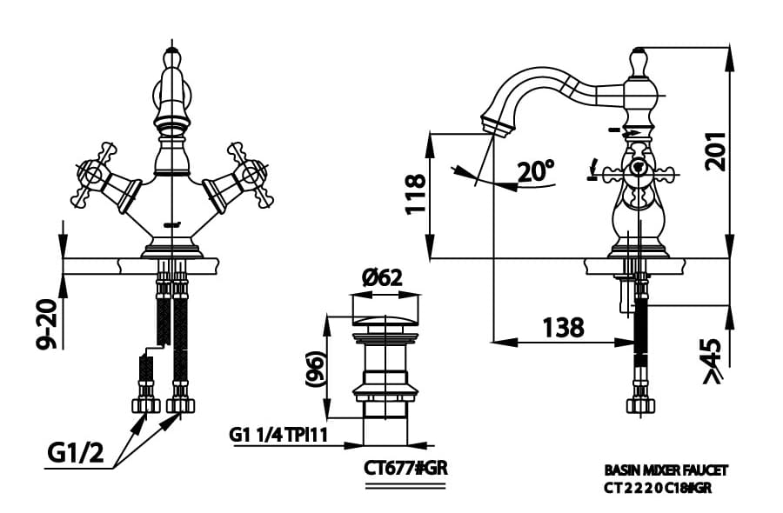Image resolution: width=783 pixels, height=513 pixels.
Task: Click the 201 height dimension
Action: (x=715, y=151)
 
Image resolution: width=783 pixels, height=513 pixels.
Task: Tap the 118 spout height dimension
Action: (x=416, y=194)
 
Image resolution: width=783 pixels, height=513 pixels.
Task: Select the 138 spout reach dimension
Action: (x=563, y=327)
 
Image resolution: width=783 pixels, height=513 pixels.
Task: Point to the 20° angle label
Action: (x=535, y=171)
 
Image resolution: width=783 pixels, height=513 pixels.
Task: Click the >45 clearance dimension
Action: (x=713, y=361)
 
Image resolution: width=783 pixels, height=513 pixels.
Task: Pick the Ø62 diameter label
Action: (x=382, y=277)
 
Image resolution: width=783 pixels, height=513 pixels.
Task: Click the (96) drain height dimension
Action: (x=316, y=369)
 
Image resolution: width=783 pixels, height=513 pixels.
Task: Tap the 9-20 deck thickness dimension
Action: (x=48, y=324)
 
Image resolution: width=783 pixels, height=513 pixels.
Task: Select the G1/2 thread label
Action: (x=76, y=453)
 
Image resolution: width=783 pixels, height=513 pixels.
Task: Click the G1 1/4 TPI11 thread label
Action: (x=278, y=435)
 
